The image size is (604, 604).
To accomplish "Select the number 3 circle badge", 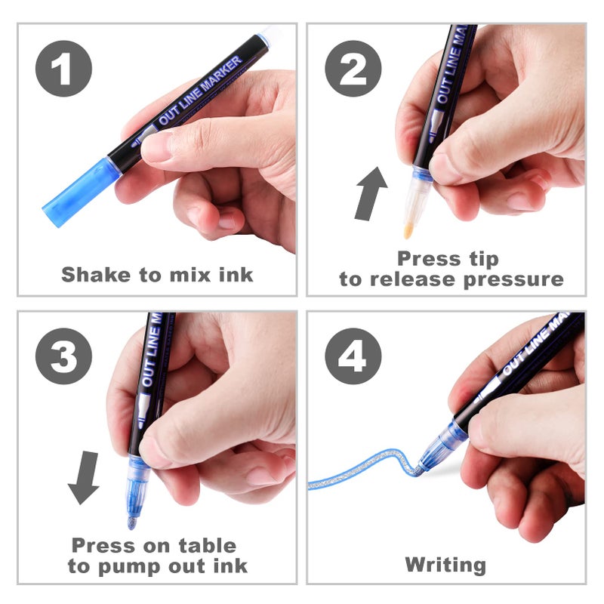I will pos(63,357).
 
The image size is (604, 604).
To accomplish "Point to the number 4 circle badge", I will pos(353,357).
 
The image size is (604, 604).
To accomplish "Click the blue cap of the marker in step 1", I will pos(78,193).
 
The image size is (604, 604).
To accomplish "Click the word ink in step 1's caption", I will pos(233,274).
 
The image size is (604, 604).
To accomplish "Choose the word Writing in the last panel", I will pos(445,565).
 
